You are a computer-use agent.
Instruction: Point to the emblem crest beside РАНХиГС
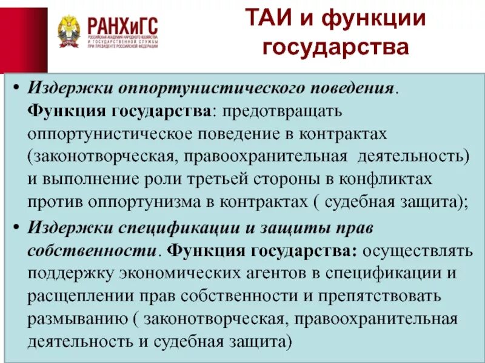[68, 31]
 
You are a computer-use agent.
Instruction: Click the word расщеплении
[75, 295]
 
